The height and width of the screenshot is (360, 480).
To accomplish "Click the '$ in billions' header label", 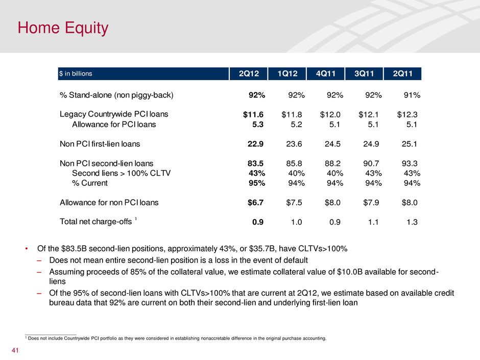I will [76, 74].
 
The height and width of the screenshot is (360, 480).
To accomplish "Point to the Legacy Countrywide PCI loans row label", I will [114, 114].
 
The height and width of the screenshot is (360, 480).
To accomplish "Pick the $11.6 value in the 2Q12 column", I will [253, 114].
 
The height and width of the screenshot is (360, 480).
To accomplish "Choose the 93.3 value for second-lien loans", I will [409, 164].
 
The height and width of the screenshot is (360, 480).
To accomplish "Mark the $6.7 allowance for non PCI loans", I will [253, 203].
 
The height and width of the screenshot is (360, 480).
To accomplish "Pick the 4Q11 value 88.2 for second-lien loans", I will [333, 164].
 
